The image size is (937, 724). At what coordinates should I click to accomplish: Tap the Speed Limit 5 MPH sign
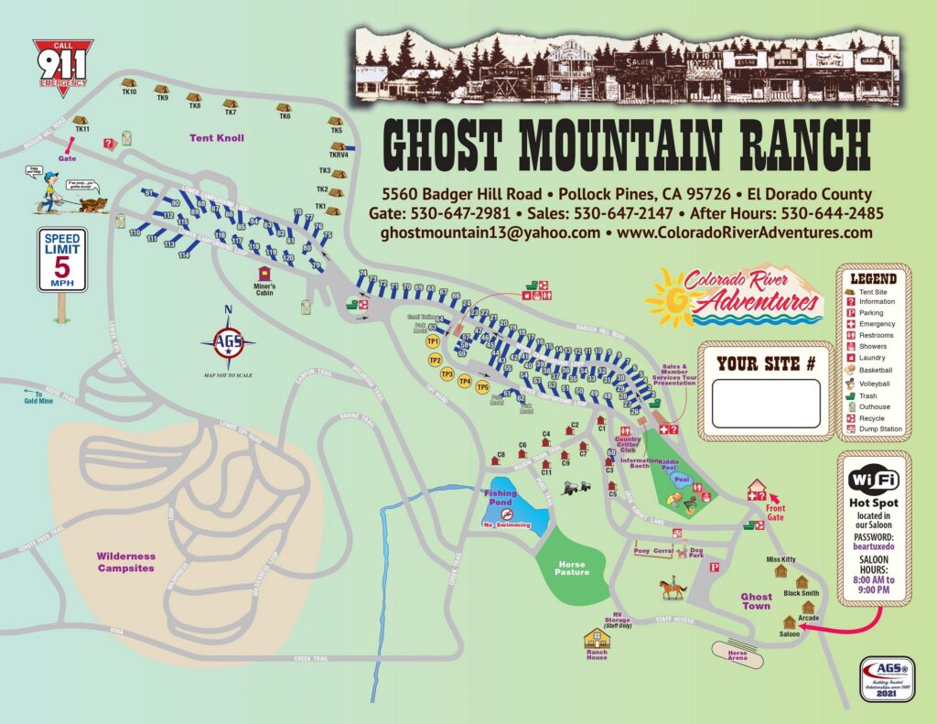click(61, 261)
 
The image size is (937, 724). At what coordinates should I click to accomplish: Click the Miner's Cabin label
click(264, 289)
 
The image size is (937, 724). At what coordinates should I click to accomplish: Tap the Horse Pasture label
click(572, 567)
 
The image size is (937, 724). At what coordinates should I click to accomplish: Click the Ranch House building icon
click(597, 638)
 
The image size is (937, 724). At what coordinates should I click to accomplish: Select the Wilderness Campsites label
click(126, 561)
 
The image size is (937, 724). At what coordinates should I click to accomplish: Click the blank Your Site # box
click(766, 404)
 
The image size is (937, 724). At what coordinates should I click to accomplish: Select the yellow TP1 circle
click(434, 341)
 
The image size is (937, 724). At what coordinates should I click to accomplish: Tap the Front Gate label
click(775, 513)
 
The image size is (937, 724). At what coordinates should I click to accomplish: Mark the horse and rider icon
click(672, 586)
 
